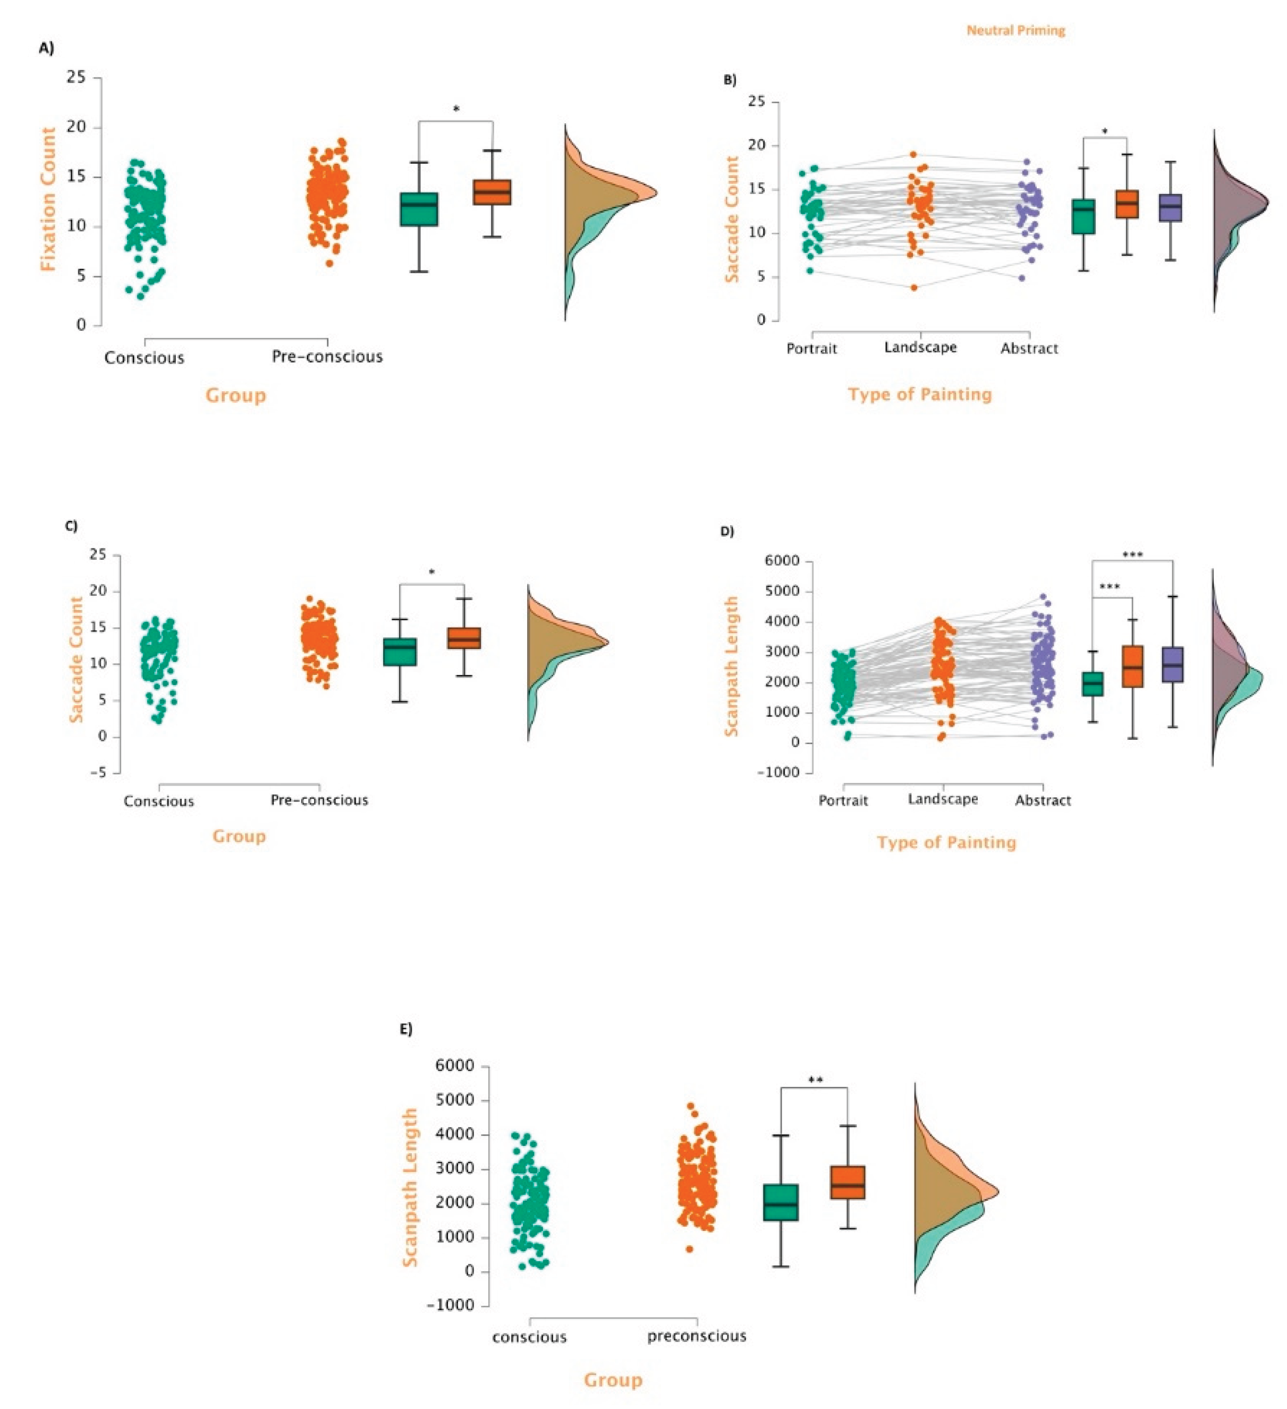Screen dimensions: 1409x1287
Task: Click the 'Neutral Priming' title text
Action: [x=1015, y=31]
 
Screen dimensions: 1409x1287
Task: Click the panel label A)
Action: [x=46, y=48]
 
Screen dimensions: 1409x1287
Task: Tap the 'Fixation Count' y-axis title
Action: [x=47, y=199]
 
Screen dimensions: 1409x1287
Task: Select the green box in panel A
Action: [x=419, y=209]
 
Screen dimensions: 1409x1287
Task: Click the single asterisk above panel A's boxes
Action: [x=456, y=109]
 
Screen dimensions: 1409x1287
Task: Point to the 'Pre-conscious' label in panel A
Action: [x=327, y=357]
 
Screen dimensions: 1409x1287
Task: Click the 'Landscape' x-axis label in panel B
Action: [x=920, y=348]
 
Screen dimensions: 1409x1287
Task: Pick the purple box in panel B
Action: [x=1170, y=208]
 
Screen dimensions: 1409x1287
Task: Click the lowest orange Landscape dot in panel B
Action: [x=914, y=287]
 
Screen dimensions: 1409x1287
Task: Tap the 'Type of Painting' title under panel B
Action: [x=919, y=394]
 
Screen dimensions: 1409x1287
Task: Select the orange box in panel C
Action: [x=464, y=638]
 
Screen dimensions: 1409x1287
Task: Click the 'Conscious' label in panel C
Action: [x=158, y=801]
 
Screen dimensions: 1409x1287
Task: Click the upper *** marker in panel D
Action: [x=1132, y=555]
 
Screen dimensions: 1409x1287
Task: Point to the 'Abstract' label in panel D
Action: [x=1043, y=800]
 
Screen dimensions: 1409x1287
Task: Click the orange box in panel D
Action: [x=1132, y=666]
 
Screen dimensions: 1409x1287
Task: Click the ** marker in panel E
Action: [x=815, y=1080]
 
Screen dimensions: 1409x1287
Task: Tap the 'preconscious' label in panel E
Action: [x=697, y=1336]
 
